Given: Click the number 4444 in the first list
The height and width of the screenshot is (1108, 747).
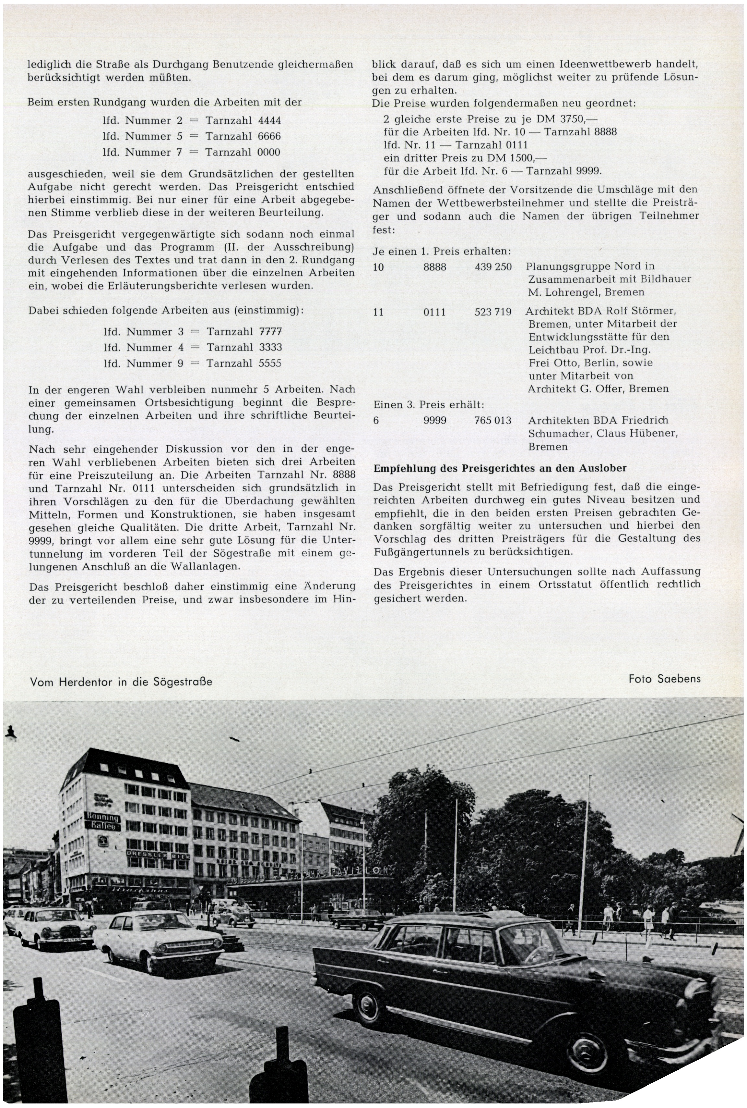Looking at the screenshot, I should pyautogui.click(x=269, y=121).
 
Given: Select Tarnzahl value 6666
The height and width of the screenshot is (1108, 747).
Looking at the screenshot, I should pyautogui.click(x=269, y=136).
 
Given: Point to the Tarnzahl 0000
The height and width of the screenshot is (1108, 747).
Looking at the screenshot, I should pyautogui.click(x=269, y=153).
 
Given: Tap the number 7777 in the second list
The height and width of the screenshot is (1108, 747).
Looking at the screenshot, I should pyautogui.click(x=270, y=331).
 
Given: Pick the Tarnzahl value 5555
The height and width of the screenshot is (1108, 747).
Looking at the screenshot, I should pyautogui.click(x=270, y=363).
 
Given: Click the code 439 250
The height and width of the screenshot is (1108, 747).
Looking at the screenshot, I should pyautogui.click(x=493, y=267).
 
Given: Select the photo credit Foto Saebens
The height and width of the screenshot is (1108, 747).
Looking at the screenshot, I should pyautogui.click(x=665, y=678).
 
